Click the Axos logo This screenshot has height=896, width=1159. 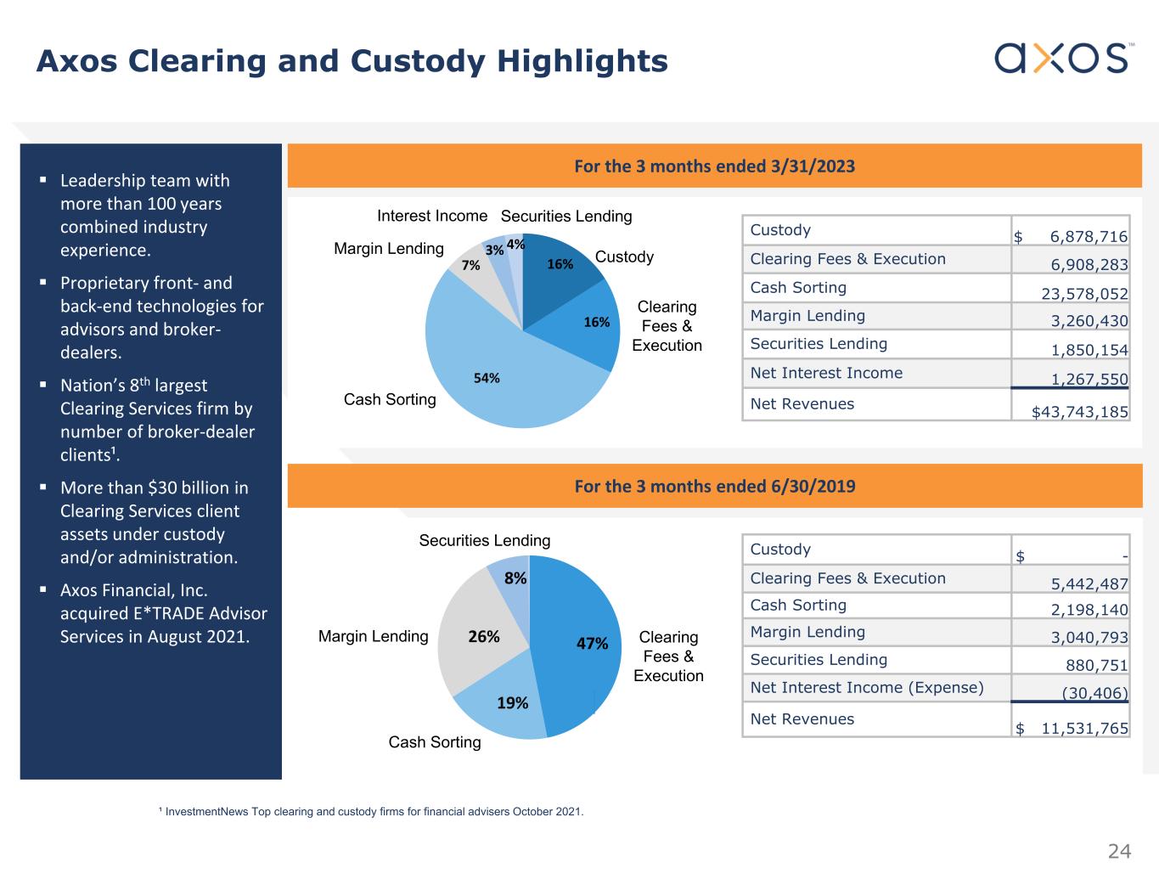(x=1061, y=58)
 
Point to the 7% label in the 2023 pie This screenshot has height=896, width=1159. (x=470, y=266)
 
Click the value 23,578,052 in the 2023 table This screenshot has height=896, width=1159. (x=1084, y=294)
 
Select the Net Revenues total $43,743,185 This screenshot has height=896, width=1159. (x=1079, y=412)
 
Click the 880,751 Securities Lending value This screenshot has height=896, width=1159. (x=1096, y=666)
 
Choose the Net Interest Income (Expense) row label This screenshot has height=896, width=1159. (x=866, y=687)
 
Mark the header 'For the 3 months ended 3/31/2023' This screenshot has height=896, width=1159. (x=714, y=166)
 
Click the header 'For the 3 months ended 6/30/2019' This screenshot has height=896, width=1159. (x=714, y=486)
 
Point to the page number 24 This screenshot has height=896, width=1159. (x=1119, y=851)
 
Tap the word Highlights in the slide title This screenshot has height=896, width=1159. (x=582, y=61)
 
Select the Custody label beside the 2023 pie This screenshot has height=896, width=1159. (x=624, y=256)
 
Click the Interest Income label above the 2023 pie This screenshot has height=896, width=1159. (x=432, y=216)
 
